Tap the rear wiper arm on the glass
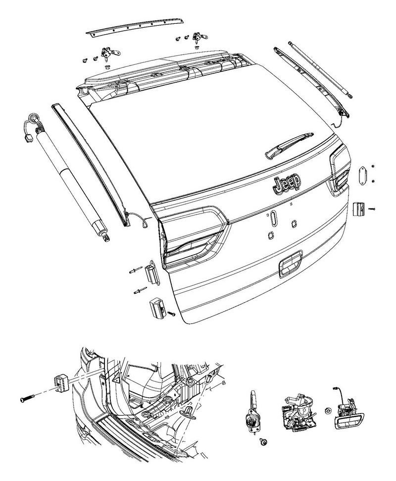tap(289, 146)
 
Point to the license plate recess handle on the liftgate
tap(291, 264)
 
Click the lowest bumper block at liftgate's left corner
tap(157, 307)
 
